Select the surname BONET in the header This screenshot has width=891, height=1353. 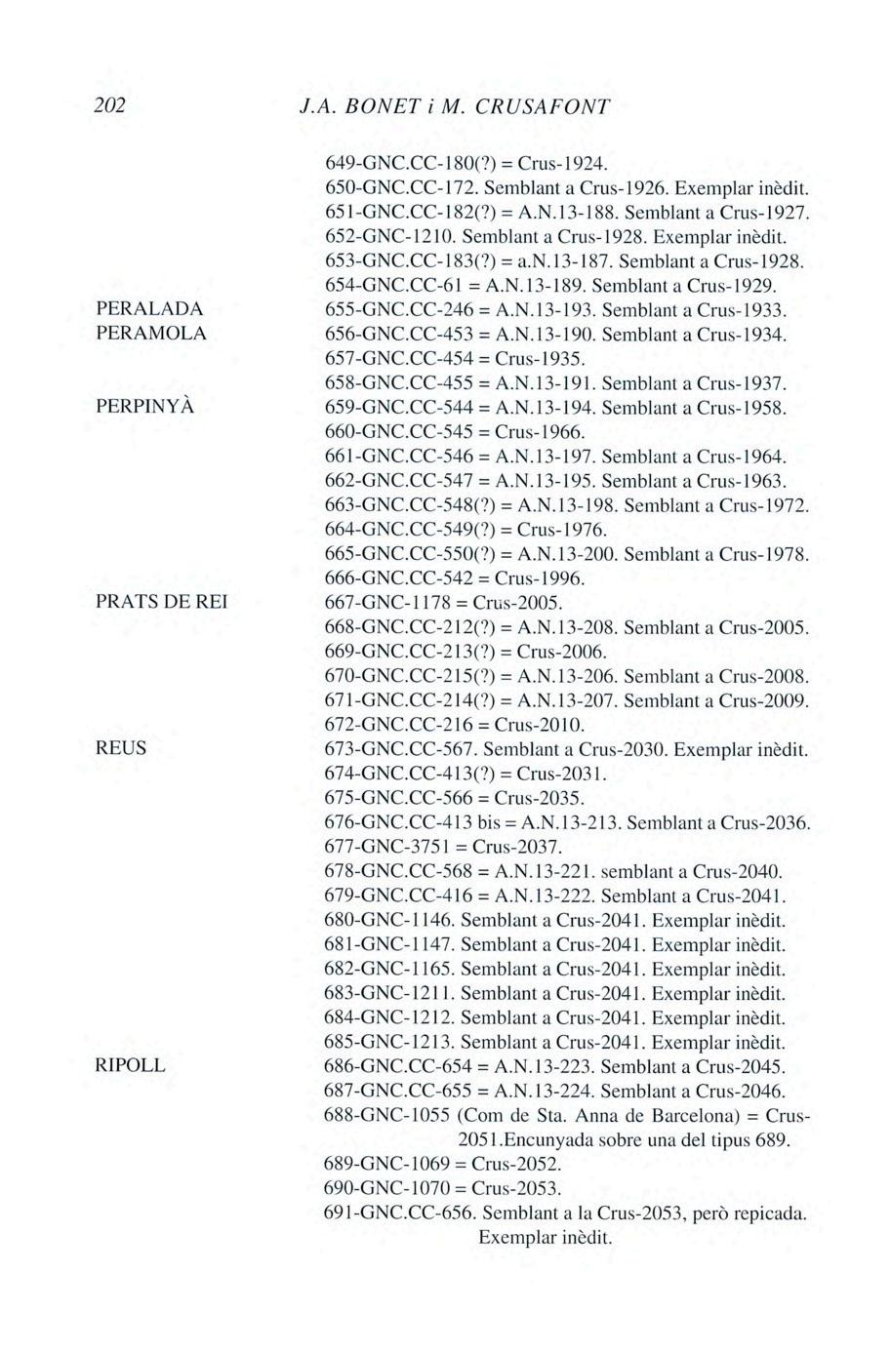pyautogui.click(x=384, y=106)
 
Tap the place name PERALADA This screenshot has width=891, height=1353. pyautogui.click(x=150, y=309)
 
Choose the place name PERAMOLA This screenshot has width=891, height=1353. pyautogui.click(x=151, y=334)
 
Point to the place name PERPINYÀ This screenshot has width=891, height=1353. pyautogui.click(x=145, y=407)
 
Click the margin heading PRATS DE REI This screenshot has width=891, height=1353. pyautogui.click(x=162, y=603)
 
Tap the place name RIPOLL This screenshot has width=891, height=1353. pyautogui.click(x=130, y=1066)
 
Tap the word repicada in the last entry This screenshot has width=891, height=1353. pyautogui.click(x=771, y=1214)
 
